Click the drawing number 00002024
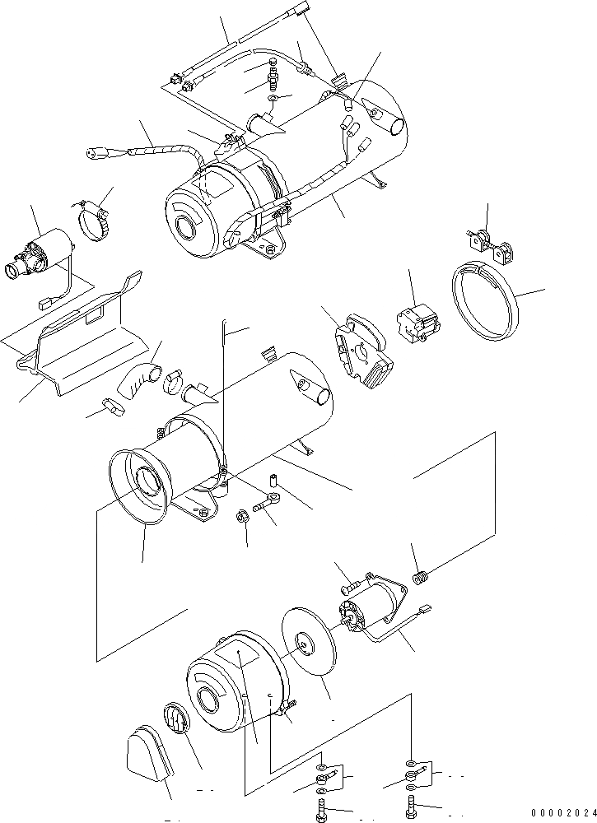(561, 812)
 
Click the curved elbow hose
(137, 380)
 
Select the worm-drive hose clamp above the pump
(93, 220)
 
